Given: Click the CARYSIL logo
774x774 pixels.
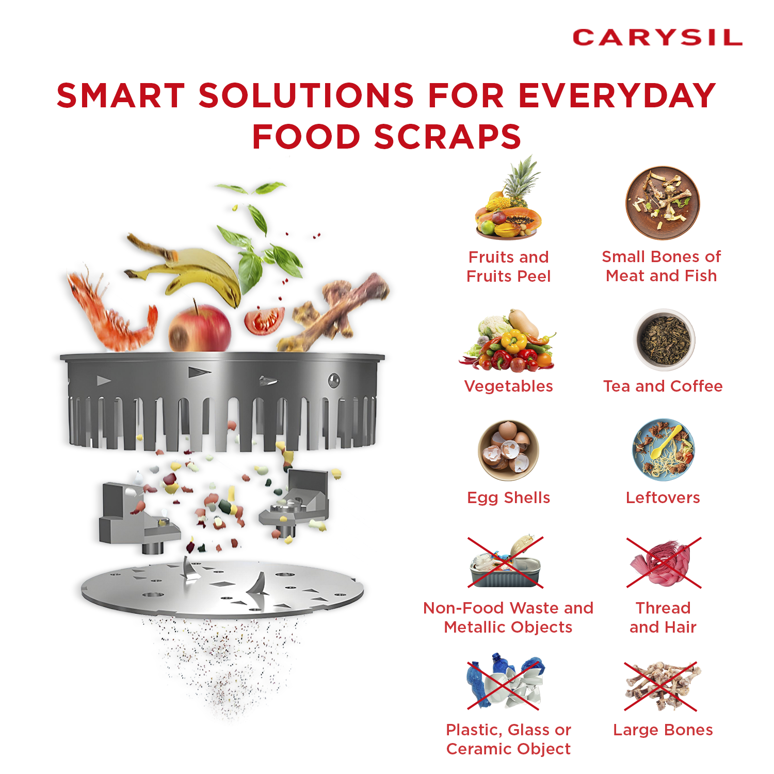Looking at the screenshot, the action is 657,37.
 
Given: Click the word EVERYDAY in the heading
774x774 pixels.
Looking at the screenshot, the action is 617,95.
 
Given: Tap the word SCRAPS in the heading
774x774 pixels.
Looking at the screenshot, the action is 447,137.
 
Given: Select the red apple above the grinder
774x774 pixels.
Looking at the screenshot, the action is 200,328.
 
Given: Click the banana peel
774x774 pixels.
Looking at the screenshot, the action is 186,271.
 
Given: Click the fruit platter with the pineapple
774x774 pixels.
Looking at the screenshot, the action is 508,201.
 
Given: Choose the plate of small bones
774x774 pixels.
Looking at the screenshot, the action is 663,203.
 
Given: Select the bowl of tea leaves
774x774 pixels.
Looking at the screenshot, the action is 664,340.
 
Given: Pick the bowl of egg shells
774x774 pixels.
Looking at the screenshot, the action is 508,450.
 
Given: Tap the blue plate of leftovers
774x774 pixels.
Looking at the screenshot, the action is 664,449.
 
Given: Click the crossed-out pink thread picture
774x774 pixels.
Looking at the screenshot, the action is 664,562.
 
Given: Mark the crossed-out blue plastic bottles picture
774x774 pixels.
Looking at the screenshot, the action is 506,681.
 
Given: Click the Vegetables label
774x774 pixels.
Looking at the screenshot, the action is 508,386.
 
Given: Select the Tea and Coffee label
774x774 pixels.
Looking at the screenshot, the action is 663,386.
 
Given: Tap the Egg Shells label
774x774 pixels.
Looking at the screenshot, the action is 508,497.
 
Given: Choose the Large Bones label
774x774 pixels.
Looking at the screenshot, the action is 663,730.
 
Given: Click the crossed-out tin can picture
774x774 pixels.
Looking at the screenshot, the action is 506,562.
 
